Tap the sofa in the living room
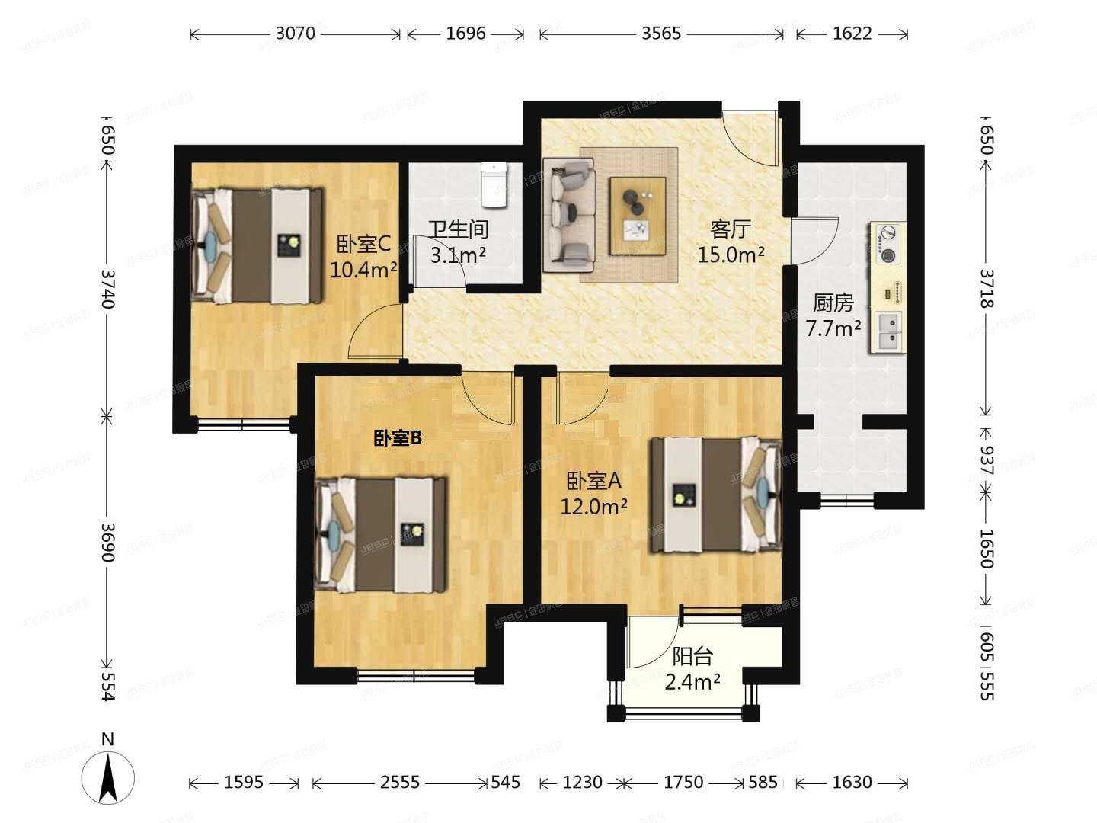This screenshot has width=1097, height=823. pos(569,213)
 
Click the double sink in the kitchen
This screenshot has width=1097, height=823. pos(888,331)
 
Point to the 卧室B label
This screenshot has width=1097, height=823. pos(398,438)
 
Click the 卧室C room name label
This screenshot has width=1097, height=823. pos(363,245)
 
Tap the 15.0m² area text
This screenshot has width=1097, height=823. pos(731,255)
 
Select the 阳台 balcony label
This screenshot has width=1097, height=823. pos(692,656)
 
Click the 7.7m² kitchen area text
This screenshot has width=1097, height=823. pos(833,328)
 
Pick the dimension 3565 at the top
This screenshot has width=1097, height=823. pos(661,34)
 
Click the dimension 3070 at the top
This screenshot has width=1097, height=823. pos(295,34)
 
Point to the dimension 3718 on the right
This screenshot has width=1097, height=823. pos(987,288)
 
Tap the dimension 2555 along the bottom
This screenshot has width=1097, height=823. pos(399,782)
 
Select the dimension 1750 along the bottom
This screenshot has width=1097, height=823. pos(683,782)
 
